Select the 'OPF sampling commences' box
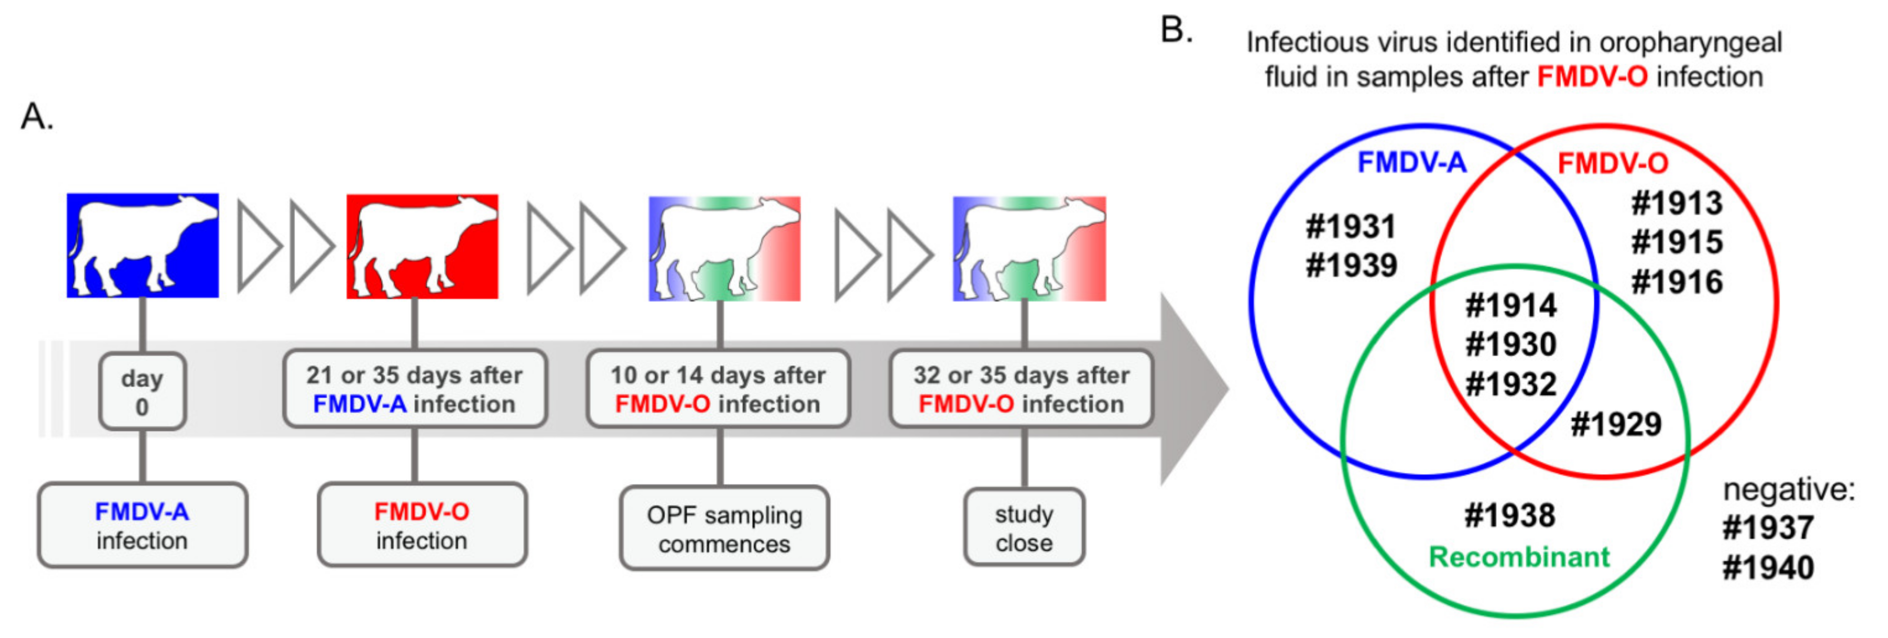point(724,528)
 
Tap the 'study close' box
point(1024,527)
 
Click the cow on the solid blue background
point(143,246)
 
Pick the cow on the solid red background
point(422,246)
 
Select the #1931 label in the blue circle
point(1351,227)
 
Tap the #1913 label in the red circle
point(1676,203)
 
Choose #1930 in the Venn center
point(1511,344)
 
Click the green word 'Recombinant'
point(1518,557)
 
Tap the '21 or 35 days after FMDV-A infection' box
point(415,389)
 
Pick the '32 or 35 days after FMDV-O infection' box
point(1021,389)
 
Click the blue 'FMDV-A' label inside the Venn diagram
point(1411,162)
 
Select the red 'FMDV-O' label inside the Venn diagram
point(1612,163)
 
